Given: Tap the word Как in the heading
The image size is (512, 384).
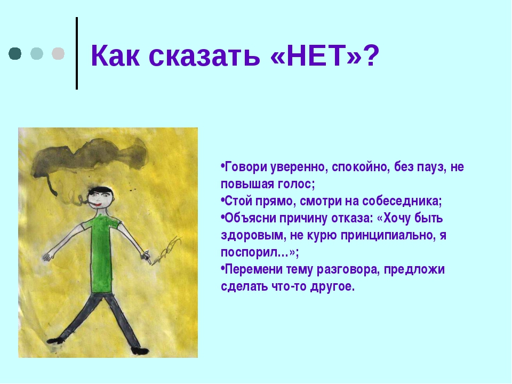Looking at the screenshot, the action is (x=115, y=55).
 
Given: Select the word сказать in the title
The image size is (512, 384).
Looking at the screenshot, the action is (x=204, y=56).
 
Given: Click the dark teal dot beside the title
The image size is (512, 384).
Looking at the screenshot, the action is (x=15, y=53).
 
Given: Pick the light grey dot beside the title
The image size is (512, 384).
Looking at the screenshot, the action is (x=58, y=53).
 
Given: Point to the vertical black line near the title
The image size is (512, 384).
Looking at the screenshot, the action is (x=77, y=53).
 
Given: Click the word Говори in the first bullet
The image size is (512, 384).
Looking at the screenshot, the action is (x=243, y=167).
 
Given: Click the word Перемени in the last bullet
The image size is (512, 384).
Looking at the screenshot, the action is (x=253, y=269).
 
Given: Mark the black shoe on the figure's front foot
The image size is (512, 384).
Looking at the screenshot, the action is (x=140, y=351).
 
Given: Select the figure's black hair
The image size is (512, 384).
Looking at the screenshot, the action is (x=101, y=190).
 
